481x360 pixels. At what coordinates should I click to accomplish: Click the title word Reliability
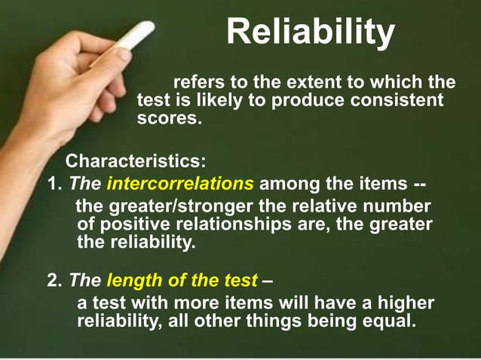coord(310,32)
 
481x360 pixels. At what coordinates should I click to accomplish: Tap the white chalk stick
coord(136,38)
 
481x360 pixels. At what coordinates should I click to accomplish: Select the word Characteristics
coord(133,162)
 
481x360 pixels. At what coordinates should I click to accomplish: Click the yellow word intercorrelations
coord(180,183)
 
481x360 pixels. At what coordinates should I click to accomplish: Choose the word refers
coord(198,82)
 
